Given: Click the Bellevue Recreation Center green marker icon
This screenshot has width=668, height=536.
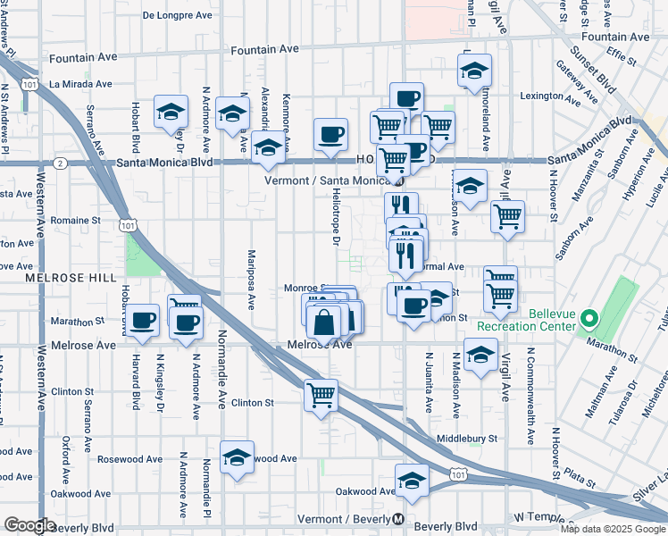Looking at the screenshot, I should point(589,318).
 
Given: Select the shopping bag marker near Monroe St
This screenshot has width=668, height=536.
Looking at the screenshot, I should point(327,322).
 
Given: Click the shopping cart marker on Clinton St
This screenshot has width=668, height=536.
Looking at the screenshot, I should point(321,395).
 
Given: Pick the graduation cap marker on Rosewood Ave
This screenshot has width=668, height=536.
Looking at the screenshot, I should point(237,457).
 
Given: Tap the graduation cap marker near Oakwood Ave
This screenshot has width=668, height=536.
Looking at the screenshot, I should point(412,481).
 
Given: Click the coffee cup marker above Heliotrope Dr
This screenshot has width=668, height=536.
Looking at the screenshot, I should point(331,135).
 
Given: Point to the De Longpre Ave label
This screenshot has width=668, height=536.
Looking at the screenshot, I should point(177,15).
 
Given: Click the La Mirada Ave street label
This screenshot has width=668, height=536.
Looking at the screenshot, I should point(80,84).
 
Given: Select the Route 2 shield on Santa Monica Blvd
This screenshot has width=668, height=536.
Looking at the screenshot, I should point(60,163).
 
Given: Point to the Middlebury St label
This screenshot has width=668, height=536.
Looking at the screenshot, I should point(467,439).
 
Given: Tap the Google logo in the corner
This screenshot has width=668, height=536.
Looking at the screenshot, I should point(30,525).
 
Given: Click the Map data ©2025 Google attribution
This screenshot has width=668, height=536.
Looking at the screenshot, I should point(612,529).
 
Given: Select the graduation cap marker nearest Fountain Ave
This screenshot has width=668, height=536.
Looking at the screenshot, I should point(476,68).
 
